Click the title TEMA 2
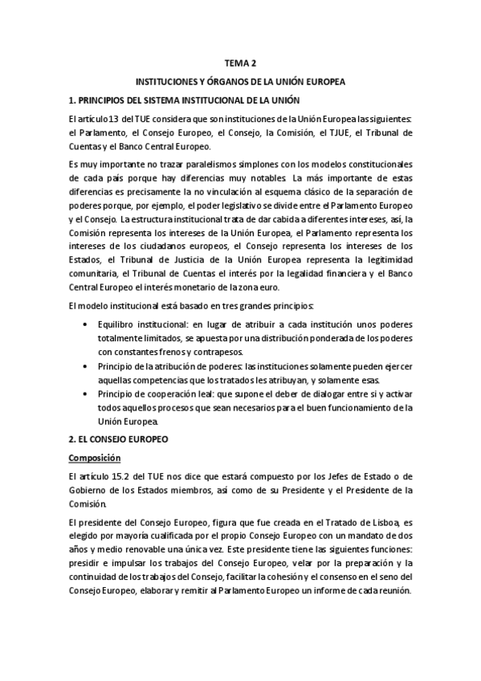241,63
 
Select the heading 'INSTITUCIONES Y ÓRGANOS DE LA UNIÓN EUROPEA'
241,82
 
